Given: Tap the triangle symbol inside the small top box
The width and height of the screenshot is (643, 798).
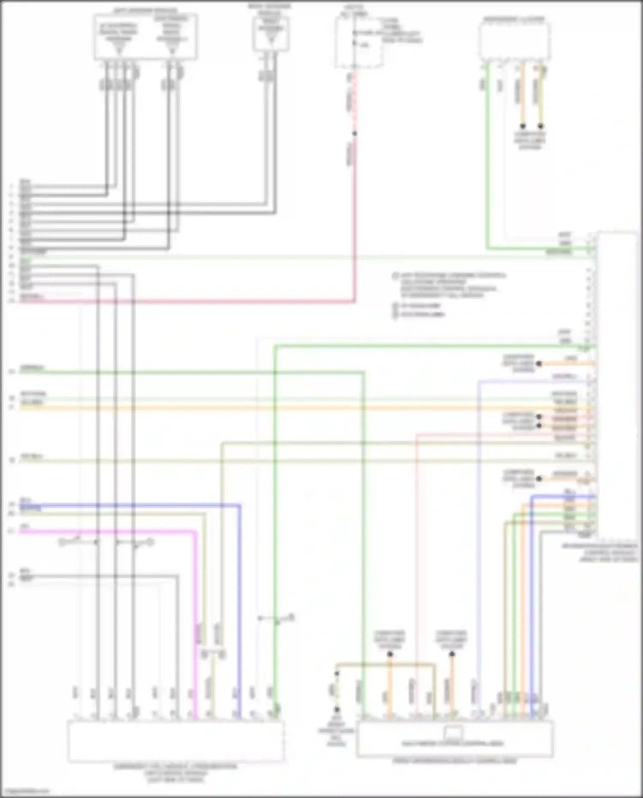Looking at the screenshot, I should (270, 41).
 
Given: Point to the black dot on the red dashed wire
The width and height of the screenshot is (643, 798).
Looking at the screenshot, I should (355, 133).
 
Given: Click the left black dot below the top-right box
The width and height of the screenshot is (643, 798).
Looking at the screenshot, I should (523, 126).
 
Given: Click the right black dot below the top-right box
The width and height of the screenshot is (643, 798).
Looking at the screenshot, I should (541, 126).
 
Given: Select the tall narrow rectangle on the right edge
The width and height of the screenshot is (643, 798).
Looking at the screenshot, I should (617, 386).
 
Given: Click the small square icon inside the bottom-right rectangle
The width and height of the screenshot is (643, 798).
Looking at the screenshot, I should (454, 732).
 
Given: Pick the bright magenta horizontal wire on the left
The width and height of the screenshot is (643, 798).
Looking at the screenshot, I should (107, 532).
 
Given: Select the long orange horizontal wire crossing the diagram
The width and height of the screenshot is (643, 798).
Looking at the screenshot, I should (300, 407).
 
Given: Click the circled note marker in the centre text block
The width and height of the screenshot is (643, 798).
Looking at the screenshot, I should (395, 276).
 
